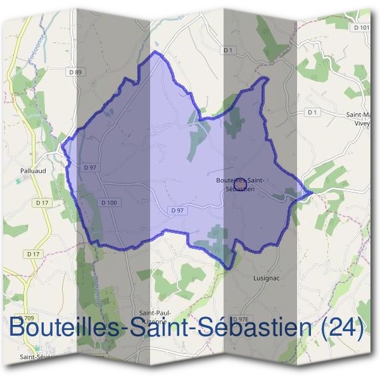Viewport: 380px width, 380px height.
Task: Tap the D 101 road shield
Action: (x=362, y=28)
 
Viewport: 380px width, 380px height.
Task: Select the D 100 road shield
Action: (x=109, y=203)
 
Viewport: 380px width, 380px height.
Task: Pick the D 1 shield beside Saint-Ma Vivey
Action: (x=310, y=112)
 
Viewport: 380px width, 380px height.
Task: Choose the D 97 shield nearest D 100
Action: (x=89, y=167)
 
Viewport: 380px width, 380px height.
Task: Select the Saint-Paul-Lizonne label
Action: (x=158, y=317)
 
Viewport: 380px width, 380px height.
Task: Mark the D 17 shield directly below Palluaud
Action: (x=42, y=203)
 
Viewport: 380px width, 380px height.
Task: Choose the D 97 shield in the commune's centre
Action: (x=177, y=210)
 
